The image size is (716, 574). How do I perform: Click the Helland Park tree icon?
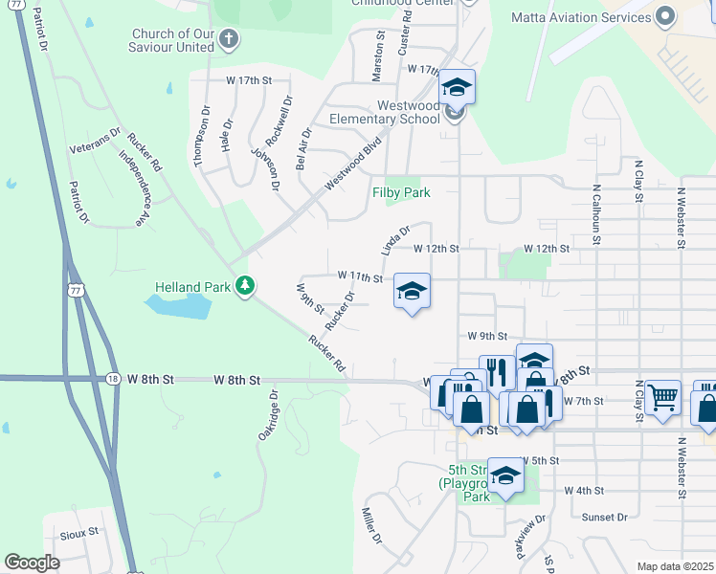tap(246, 286)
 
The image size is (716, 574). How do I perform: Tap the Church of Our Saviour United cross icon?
tap(228, 39)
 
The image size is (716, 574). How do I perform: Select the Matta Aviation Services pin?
tap(667, 16)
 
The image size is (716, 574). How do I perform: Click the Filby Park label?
tap(401, 192)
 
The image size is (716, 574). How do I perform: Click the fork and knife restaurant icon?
tap(496, 371)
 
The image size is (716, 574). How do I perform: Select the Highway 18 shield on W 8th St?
tap(113, 379)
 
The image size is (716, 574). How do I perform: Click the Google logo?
tap(32, 563)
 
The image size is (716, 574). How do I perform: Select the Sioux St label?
tap(80, 531)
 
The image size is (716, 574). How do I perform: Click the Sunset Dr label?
tap(604, 517)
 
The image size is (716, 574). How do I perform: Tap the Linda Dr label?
tap(395, 239)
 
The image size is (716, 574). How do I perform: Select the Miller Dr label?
tap(371, 526)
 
